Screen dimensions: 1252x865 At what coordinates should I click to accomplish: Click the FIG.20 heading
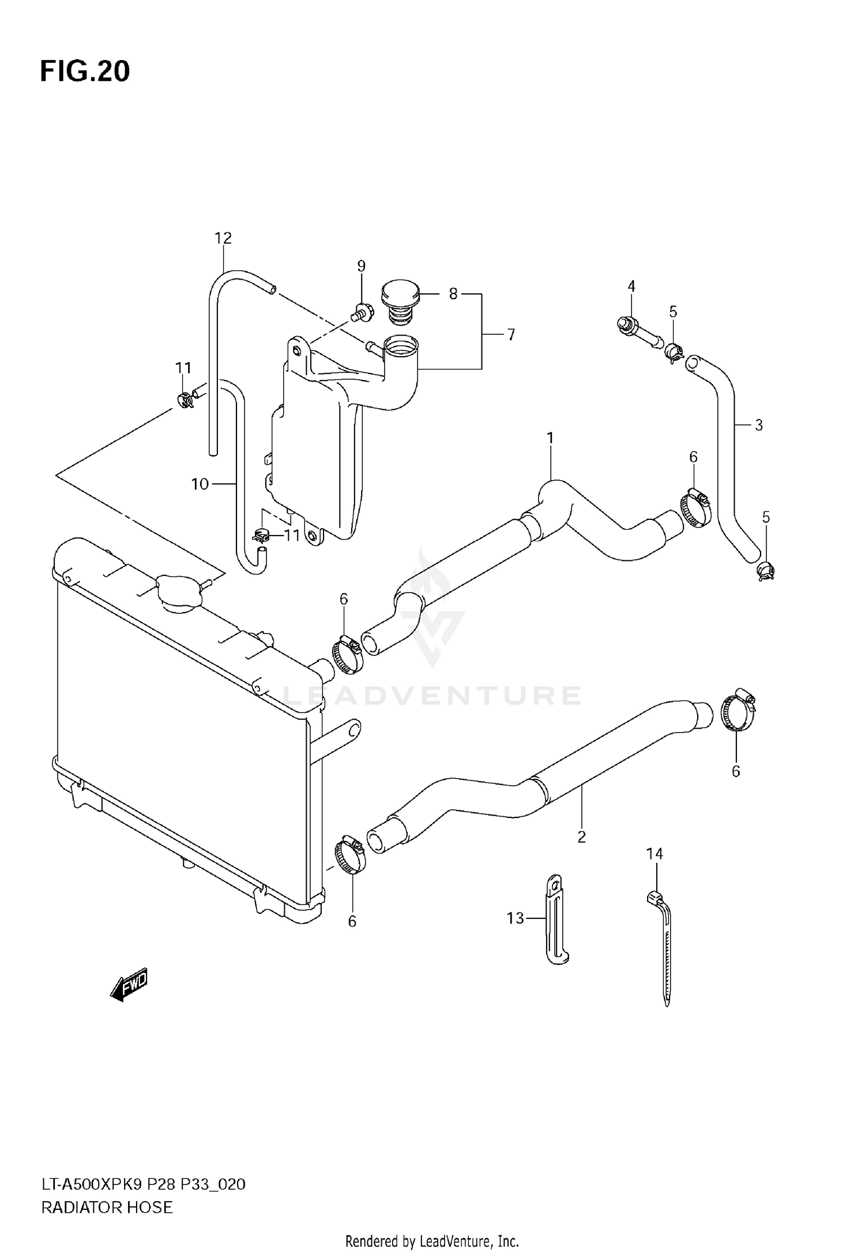(85, 71)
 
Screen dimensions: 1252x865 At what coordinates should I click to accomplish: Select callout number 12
(223, 238)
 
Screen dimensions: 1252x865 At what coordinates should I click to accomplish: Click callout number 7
(511, 334)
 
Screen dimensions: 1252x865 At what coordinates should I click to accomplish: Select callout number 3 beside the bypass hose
(758, 425)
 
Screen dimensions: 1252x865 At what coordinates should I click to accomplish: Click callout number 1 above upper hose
(550, 438)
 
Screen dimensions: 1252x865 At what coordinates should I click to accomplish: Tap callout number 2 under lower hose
(581, 837)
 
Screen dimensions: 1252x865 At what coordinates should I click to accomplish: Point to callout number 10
(200, 484)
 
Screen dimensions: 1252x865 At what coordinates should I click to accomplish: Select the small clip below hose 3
(765, 571)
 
